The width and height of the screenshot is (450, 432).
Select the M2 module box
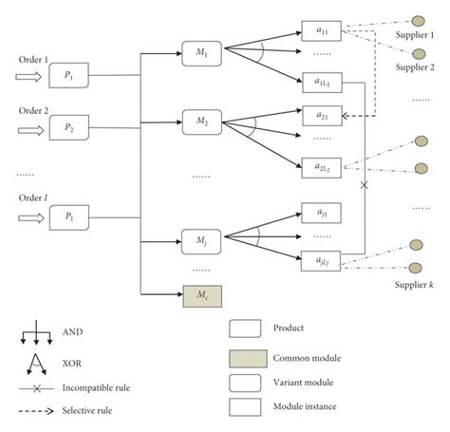click(x=201, y=122)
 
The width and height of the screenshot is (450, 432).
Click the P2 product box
click(x=69, y=127)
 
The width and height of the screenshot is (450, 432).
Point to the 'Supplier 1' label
click(x=414, y=37)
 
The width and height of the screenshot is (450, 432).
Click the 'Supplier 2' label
click(x=414, y=66)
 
